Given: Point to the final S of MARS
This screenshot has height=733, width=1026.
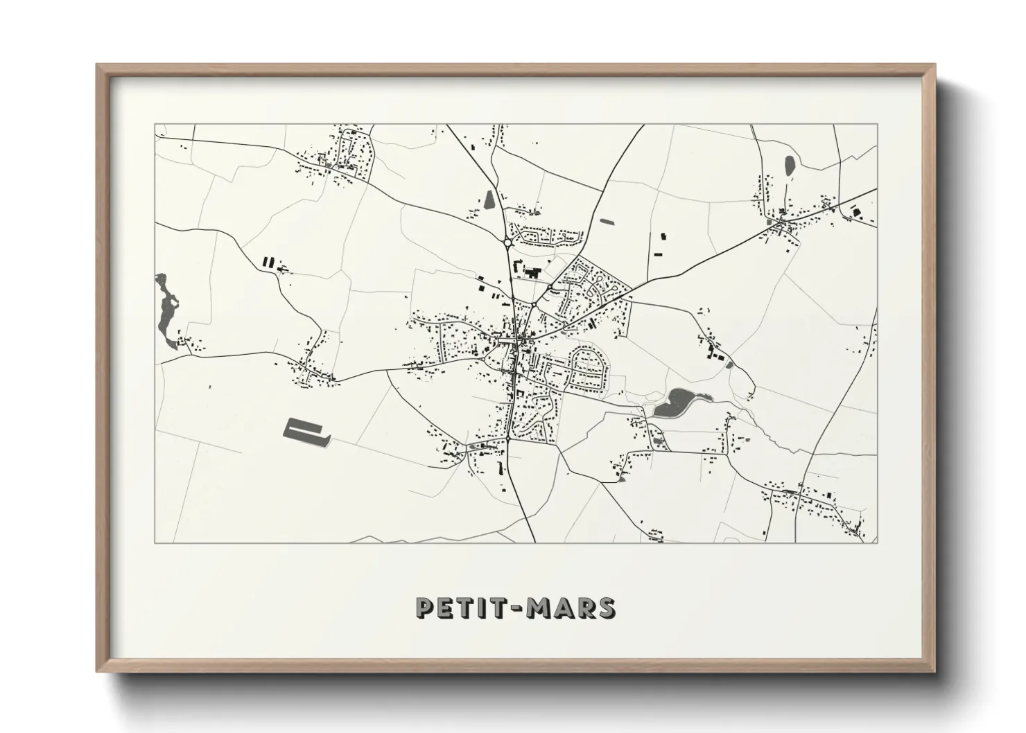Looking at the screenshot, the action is [x=605, y=608].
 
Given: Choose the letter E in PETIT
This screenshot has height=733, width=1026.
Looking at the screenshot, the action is [x=443, y=608].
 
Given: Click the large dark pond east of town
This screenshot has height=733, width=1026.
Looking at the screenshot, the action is [x=675, y=402].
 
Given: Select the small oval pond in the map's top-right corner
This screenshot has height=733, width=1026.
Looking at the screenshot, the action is [x=789, y=166].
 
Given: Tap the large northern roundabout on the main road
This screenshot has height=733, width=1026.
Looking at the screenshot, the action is [x=508, y=242].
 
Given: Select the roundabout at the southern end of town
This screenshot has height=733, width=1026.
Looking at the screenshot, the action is [x=508, y=439].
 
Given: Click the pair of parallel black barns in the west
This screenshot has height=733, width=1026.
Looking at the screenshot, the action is [x=268, y=262].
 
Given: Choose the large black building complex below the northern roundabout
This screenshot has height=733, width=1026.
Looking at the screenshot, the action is [x=530, y=272].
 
